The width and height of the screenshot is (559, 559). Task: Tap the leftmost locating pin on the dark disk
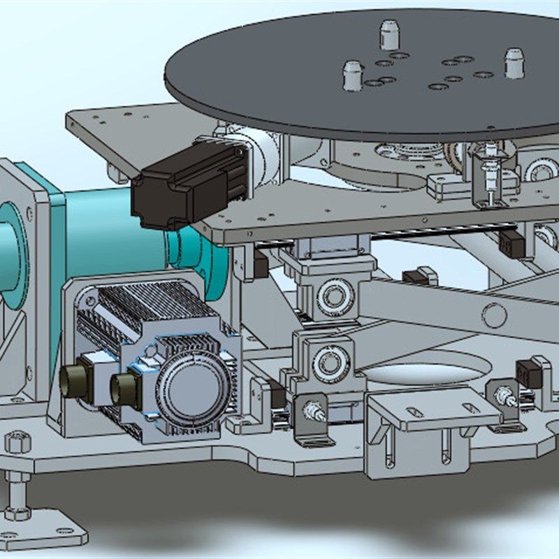(353, 75)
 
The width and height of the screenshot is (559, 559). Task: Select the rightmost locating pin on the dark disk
(514, 63)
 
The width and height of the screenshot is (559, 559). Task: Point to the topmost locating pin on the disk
(389, 35)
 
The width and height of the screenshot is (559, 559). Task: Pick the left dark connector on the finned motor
(73, 379)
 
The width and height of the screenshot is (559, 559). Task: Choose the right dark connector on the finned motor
(125, 390)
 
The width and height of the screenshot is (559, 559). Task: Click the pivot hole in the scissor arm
(494, 316)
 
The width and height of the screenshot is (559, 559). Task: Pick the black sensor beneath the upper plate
(512, 243)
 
